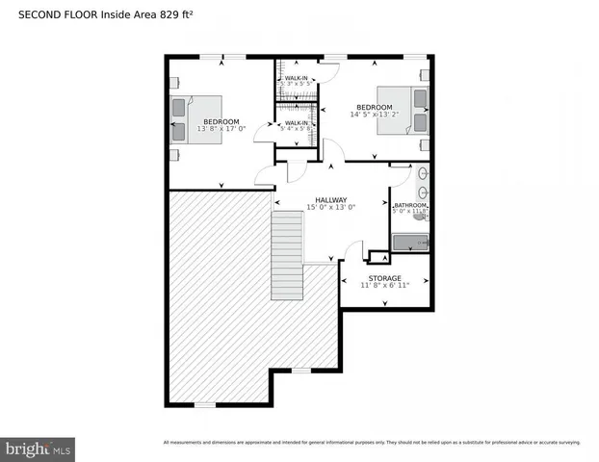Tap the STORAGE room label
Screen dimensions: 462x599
click(385, 278)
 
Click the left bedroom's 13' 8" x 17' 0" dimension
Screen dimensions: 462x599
click(221, 129)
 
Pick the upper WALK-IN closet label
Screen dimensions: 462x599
click(296, 77)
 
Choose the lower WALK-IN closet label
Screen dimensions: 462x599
click(296, 122)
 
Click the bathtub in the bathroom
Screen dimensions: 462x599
click(408, 244)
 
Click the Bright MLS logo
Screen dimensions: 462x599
click(39, 449)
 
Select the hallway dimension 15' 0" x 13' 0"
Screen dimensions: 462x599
click(330, 208)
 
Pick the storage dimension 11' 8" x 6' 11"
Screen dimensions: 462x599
click(385, 286)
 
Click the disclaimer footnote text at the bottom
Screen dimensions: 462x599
click(372, 443)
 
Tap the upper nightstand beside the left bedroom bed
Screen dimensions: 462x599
click(173, 83)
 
